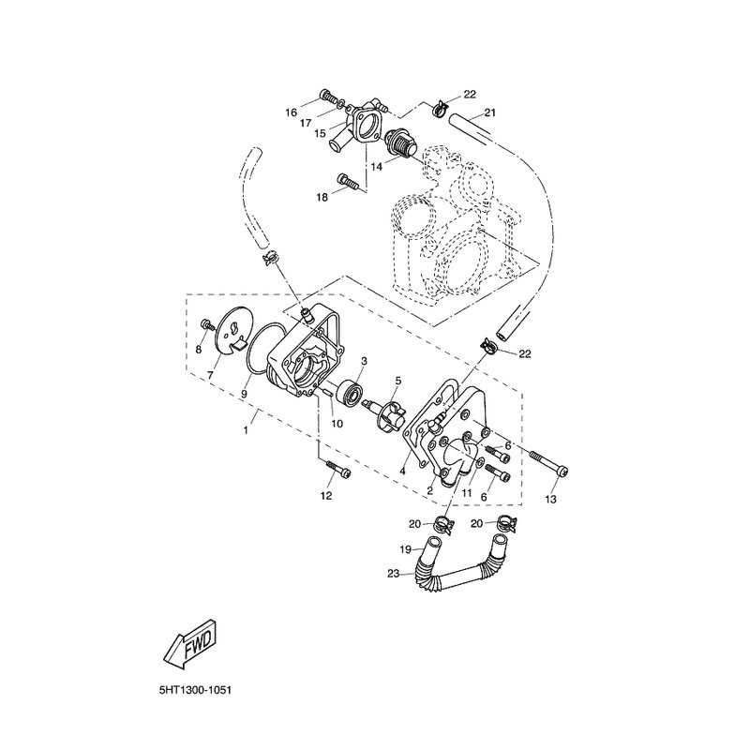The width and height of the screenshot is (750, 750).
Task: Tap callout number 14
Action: click(375, 166)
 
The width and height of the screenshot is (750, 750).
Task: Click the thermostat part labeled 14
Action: click(404, 146)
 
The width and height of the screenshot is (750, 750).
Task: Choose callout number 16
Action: click(291, 112)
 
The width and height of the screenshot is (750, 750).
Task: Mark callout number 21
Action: click(489, 113)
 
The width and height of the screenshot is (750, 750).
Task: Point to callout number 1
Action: click(247, 430)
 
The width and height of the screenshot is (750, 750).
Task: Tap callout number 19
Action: click(406, 550)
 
